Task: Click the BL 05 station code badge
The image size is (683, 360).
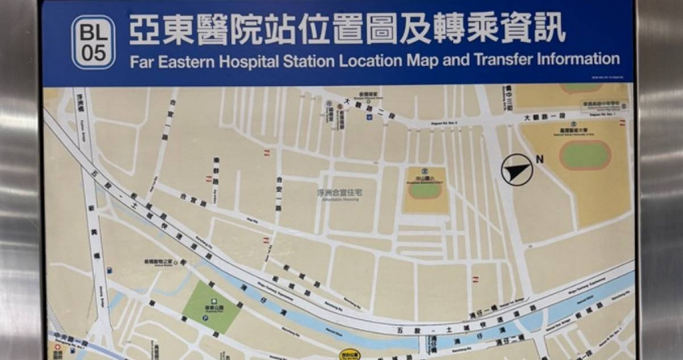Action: click(93, 41)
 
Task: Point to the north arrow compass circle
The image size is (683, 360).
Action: click(516, 169)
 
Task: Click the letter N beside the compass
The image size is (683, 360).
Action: click(540, 159)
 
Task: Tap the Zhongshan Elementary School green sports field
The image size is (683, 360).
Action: click(425, 190)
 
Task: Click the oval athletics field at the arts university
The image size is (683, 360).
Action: click(584, 154)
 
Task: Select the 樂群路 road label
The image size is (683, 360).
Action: click(216, 169)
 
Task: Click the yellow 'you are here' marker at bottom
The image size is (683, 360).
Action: click(349, 354)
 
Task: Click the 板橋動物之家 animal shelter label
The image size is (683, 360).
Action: click(161, 261)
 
